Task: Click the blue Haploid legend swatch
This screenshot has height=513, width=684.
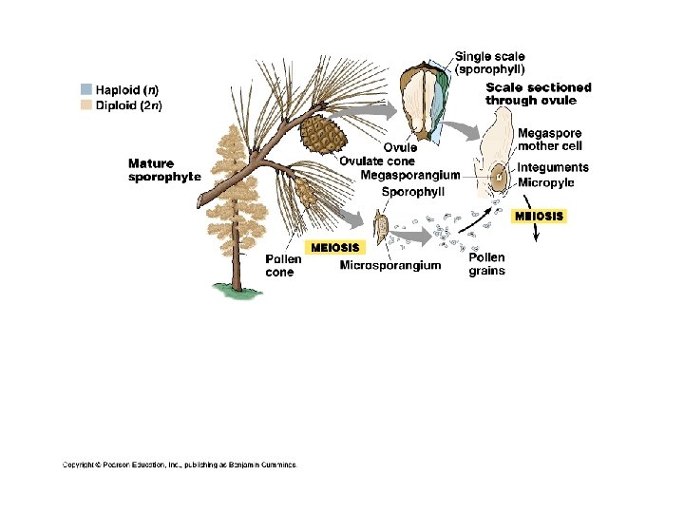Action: pyautogui.click(x=87, y=90)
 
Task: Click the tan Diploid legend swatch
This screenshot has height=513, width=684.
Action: pyautogui.click(x=87, y=105)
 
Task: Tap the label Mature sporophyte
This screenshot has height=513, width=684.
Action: pyautogui.click(x=164, y=170)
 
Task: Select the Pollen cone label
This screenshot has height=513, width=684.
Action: pyautogui.click(x=283, y=265)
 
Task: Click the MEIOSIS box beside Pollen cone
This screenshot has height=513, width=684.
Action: pyautogui.click(x=332, y=248)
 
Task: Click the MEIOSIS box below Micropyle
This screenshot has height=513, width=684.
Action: pyautogui.click(x=539, y=216)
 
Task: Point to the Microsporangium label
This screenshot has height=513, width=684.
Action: pyautogui.click(x=390, y=265)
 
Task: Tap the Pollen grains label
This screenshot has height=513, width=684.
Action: pyautogui.click(x=486, y=264)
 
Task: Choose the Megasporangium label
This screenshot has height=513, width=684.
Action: pyautogui.click(x=410, y=175)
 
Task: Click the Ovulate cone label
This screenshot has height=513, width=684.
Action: pyautogui.click(x=377, y=161)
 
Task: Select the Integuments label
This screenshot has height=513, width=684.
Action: pyautogui.click(x=553, y=167)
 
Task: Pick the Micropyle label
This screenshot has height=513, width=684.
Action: pyautogui.click(x=546, y=181)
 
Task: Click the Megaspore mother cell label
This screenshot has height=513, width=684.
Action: pyautogui.click(x=550, y=140)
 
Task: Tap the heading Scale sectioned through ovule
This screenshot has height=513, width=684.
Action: pyautogui.click(x=538, y=93)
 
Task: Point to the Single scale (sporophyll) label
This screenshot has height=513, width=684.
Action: pyautogui.click(x=490, y=63)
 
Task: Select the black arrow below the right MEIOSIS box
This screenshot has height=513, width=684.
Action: pyautogui.click(x=536, y=236)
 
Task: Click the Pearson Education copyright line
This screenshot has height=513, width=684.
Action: pyautogui.click(x=180, y=465)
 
